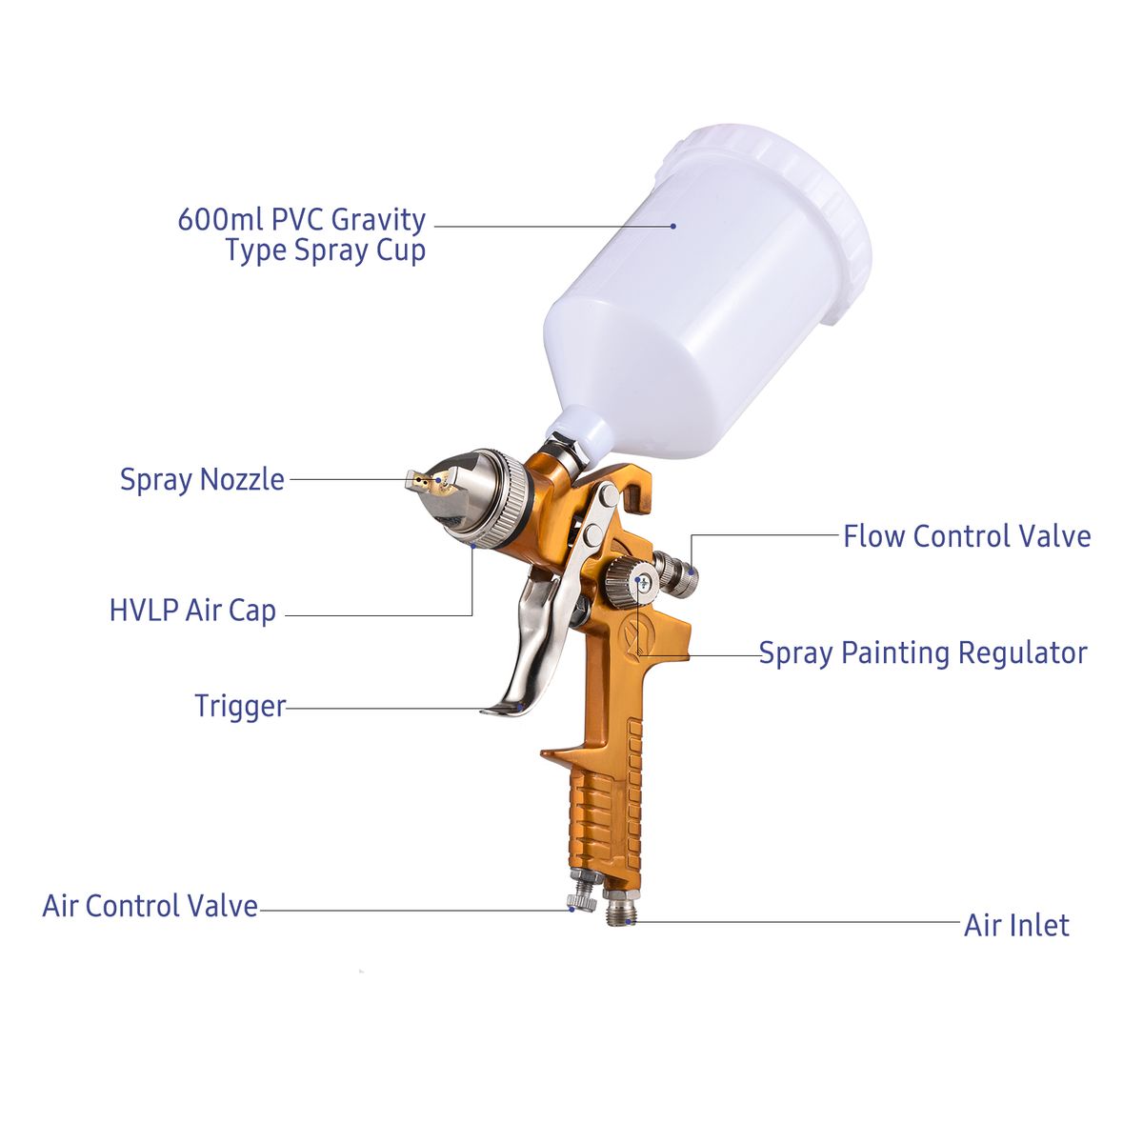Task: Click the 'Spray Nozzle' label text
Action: click(202, 479)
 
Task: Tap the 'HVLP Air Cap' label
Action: click(192, 611)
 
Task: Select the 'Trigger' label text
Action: click(240, 706)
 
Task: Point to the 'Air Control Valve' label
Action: click(150, 906)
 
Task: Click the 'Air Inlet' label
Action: click(1016, 925)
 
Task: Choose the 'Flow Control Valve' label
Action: click(967, 536)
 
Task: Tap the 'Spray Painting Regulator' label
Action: click(923, 653)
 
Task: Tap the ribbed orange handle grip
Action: click(604, 812)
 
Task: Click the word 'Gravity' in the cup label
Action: click(378, 221)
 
